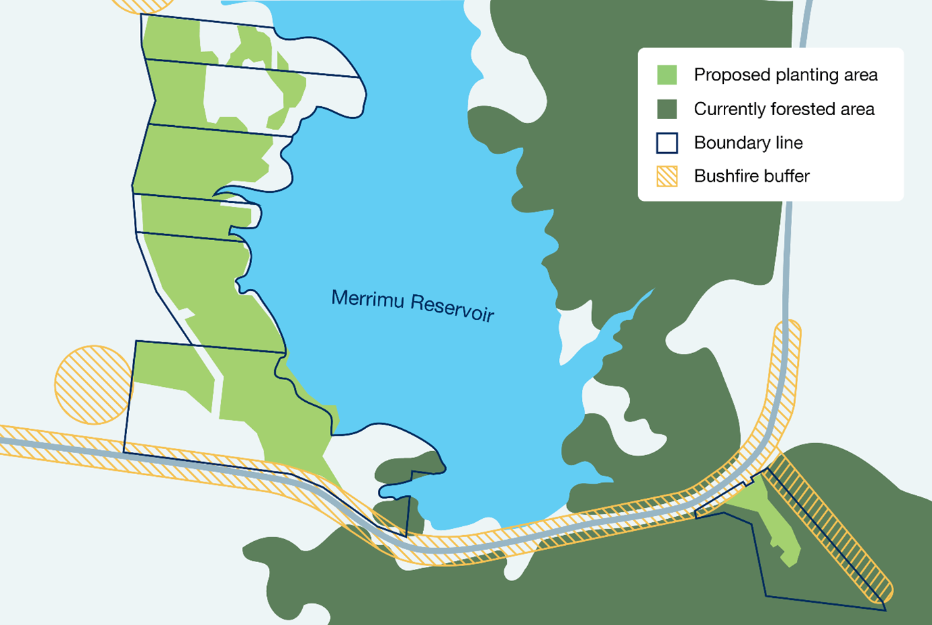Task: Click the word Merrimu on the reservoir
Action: point(367,298)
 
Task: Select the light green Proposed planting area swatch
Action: point(667,75)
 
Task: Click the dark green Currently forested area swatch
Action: point(667,109)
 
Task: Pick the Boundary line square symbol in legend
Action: point(667,143)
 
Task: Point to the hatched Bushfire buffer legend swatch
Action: point(667,176)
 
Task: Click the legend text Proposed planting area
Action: point(785,75)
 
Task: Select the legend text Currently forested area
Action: point(784,109)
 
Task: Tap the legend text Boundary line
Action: point(748,143)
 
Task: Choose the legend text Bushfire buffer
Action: point(752,176)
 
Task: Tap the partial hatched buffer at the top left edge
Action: point(143,5)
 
